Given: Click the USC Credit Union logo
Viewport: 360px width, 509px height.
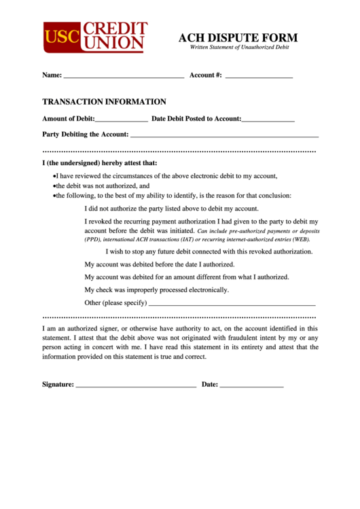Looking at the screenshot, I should click(x=95, y=37).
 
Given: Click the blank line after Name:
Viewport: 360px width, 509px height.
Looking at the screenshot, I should click(x=124, y=76).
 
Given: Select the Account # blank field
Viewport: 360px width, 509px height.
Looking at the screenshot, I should click(x=259, y=76).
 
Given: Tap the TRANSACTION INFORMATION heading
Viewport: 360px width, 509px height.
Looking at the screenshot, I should click(x=104, y=102).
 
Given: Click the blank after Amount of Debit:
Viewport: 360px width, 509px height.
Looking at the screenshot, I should click(x=122, y=120).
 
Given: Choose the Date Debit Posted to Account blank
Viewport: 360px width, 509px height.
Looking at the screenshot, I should click(x=268, y=120).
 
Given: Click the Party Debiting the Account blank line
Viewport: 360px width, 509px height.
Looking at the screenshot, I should click(x=224, y=135).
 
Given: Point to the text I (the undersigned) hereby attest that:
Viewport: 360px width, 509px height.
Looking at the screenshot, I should click(x=100, y=163).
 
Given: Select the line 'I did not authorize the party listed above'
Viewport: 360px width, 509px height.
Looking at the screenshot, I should click(x=171, y=209).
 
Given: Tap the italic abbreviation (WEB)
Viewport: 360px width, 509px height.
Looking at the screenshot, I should click(x=300, y=239).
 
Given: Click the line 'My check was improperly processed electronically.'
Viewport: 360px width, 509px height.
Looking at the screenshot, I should click(x=156, y=289).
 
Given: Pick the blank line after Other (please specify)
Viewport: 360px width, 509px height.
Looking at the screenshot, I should click(x=232, y=303).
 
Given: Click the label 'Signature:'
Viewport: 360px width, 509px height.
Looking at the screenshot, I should click(x=58, y=385).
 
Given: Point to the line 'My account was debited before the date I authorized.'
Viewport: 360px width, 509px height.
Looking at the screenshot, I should click(x=168, y=264).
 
